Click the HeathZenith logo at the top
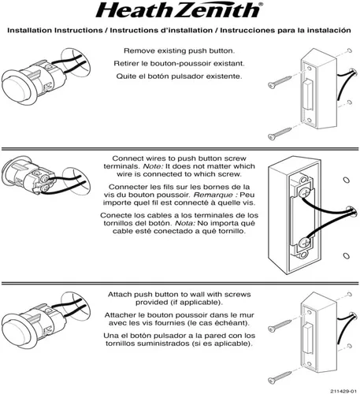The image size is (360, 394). [x=179, y=11]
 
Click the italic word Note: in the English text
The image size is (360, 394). [x=153, y=167]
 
